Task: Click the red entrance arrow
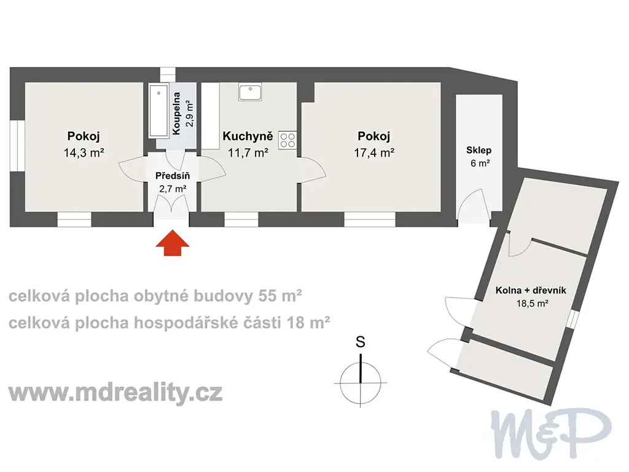(172, 243)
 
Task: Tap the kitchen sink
(250, 92)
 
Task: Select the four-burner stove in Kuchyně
(287, 141)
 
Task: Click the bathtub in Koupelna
(158, 111)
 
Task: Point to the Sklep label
(479, 150)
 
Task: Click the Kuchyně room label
(248, 136)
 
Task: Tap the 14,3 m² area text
(84, 153)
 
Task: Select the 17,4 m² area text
(374, 153)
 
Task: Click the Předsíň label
(173, 175)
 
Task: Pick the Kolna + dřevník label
(531, 290)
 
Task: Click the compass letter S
(360, 342)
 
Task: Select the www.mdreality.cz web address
(115, 392)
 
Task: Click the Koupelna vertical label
(176, 113)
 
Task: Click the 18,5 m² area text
(532, 304)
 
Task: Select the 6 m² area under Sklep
(480, 163)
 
